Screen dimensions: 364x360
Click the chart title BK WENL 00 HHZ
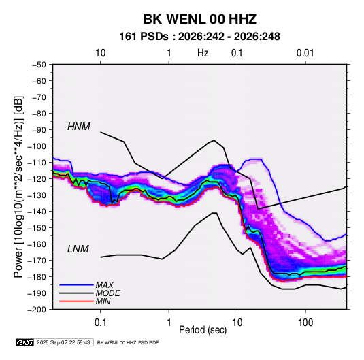199,19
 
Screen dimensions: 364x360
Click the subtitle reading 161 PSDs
144,37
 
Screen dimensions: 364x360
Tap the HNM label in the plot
79,127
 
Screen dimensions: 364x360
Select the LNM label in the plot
78,249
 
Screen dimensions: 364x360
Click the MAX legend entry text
105,285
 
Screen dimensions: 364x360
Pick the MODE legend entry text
107,293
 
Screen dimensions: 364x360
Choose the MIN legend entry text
103,301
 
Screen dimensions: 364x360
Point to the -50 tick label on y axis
39,65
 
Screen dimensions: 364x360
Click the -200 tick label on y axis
37,310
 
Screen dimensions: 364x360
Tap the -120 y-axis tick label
37,179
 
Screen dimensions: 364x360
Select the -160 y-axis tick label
37,244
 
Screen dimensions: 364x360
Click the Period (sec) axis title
203,330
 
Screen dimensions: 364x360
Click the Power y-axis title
18,186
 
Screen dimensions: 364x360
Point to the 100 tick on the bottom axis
305,323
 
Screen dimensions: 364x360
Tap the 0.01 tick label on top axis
305,53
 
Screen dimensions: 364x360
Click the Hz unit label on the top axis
203,53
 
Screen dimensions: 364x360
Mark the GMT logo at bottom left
25,342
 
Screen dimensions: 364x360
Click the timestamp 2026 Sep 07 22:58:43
63,342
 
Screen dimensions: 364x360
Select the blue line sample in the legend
76,285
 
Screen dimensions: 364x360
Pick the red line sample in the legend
76,301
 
